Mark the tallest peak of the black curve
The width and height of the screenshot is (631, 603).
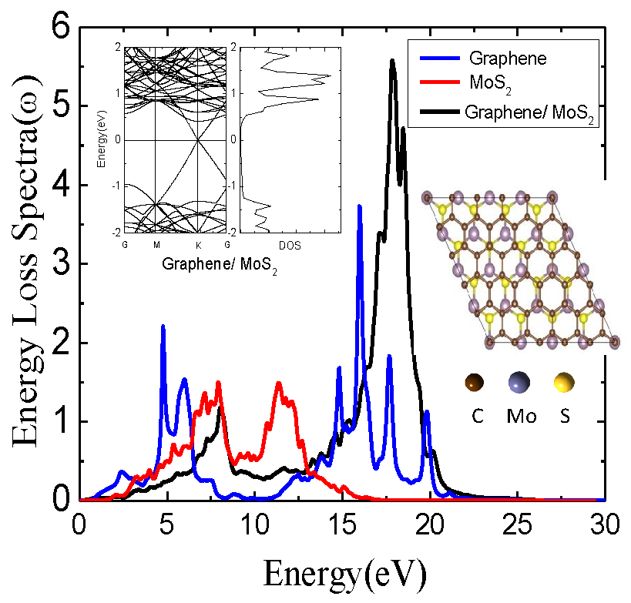392,61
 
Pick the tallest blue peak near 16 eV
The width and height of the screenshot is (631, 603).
359,206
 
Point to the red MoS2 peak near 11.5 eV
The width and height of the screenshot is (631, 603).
279,384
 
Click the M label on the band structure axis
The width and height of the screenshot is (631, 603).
156,245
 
